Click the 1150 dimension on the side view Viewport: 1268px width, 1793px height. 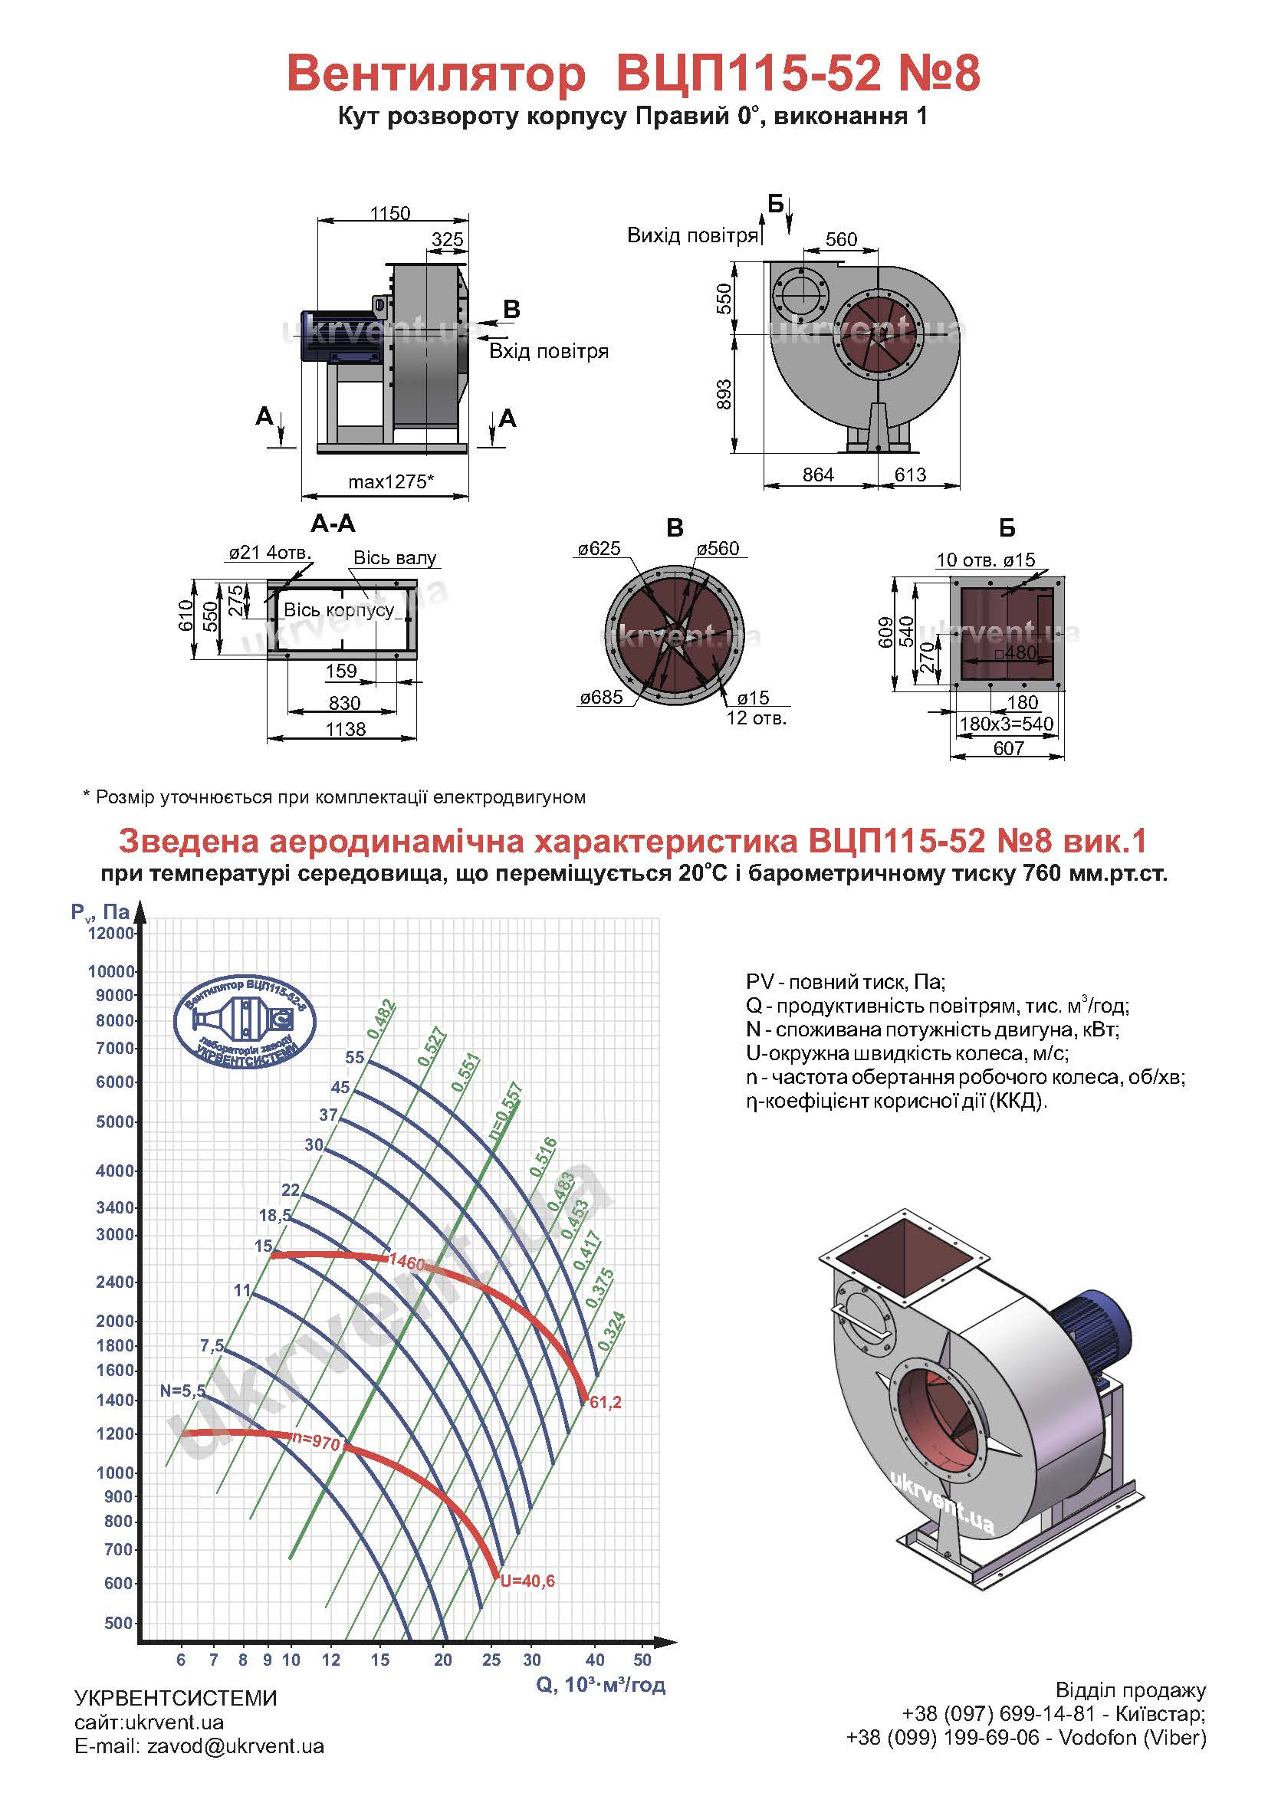[389, 213]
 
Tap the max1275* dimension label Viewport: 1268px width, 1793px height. [390, 481]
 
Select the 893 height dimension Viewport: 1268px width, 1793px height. [724, 394]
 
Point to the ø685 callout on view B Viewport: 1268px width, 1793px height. [601, 697]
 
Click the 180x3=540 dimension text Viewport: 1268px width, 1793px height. [1007, 723]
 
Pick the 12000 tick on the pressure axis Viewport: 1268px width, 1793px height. [111, 933]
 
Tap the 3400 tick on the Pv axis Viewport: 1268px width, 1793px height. [116, 1207]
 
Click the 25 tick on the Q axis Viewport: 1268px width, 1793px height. [491, 1660]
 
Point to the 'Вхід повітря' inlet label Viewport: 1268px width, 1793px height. [549, 351]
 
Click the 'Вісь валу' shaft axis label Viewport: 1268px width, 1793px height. [395, 557]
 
